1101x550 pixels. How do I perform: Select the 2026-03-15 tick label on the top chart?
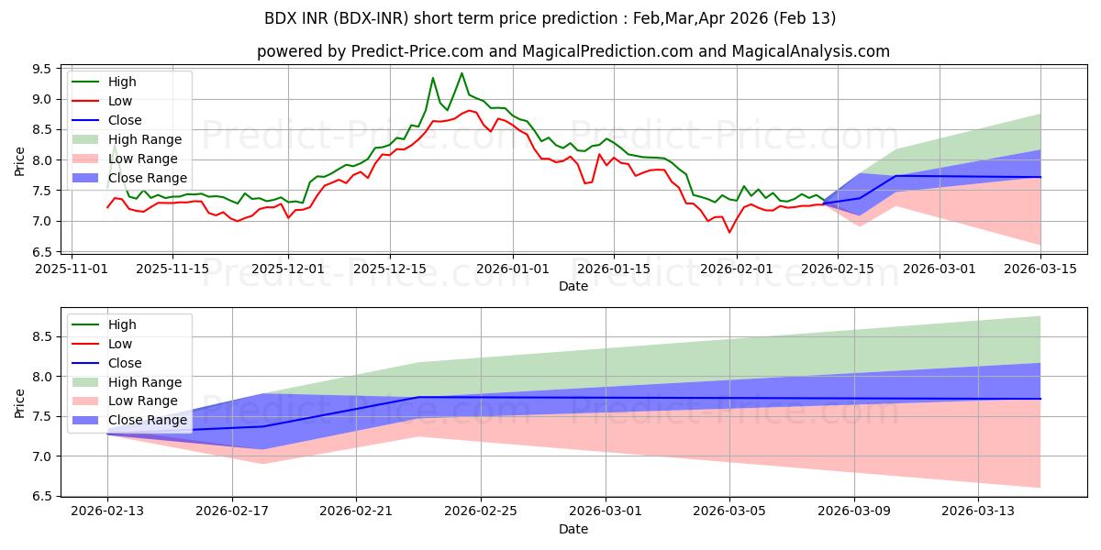point(1040,269)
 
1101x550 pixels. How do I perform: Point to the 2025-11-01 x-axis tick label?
point(72,269)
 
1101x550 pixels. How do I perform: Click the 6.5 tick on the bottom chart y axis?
point(42,496)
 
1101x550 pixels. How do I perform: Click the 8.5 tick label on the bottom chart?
point(42,337)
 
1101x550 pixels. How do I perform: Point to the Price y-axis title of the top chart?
point(20,160)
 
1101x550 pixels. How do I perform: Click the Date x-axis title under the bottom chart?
point(573,530)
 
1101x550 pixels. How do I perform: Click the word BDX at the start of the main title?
point(281,18)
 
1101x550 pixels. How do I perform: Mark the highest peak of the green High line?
point(462,73)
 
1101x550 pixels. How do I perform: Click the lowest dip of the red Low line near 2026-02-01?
point(729,232)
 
